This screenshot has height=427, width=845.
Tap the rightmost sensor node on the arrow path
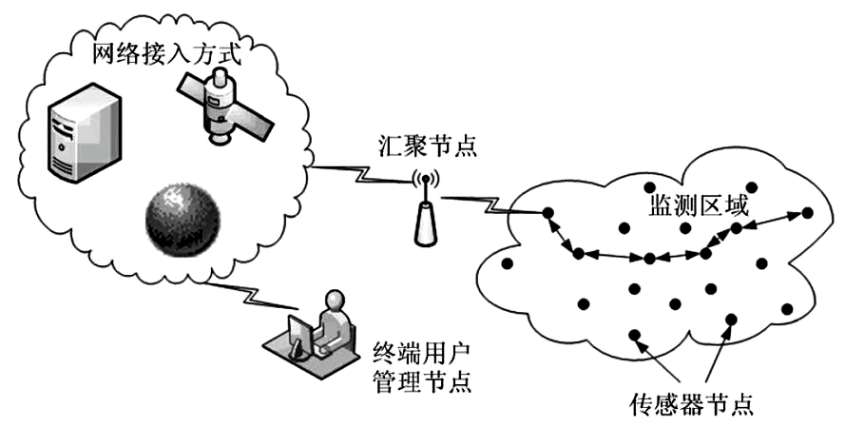pos(808,212)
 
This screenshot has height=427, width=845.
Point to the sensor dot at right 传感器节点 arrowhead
pos(730,319)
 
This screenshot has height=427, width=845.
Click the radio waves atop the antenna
pos(424,178)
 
